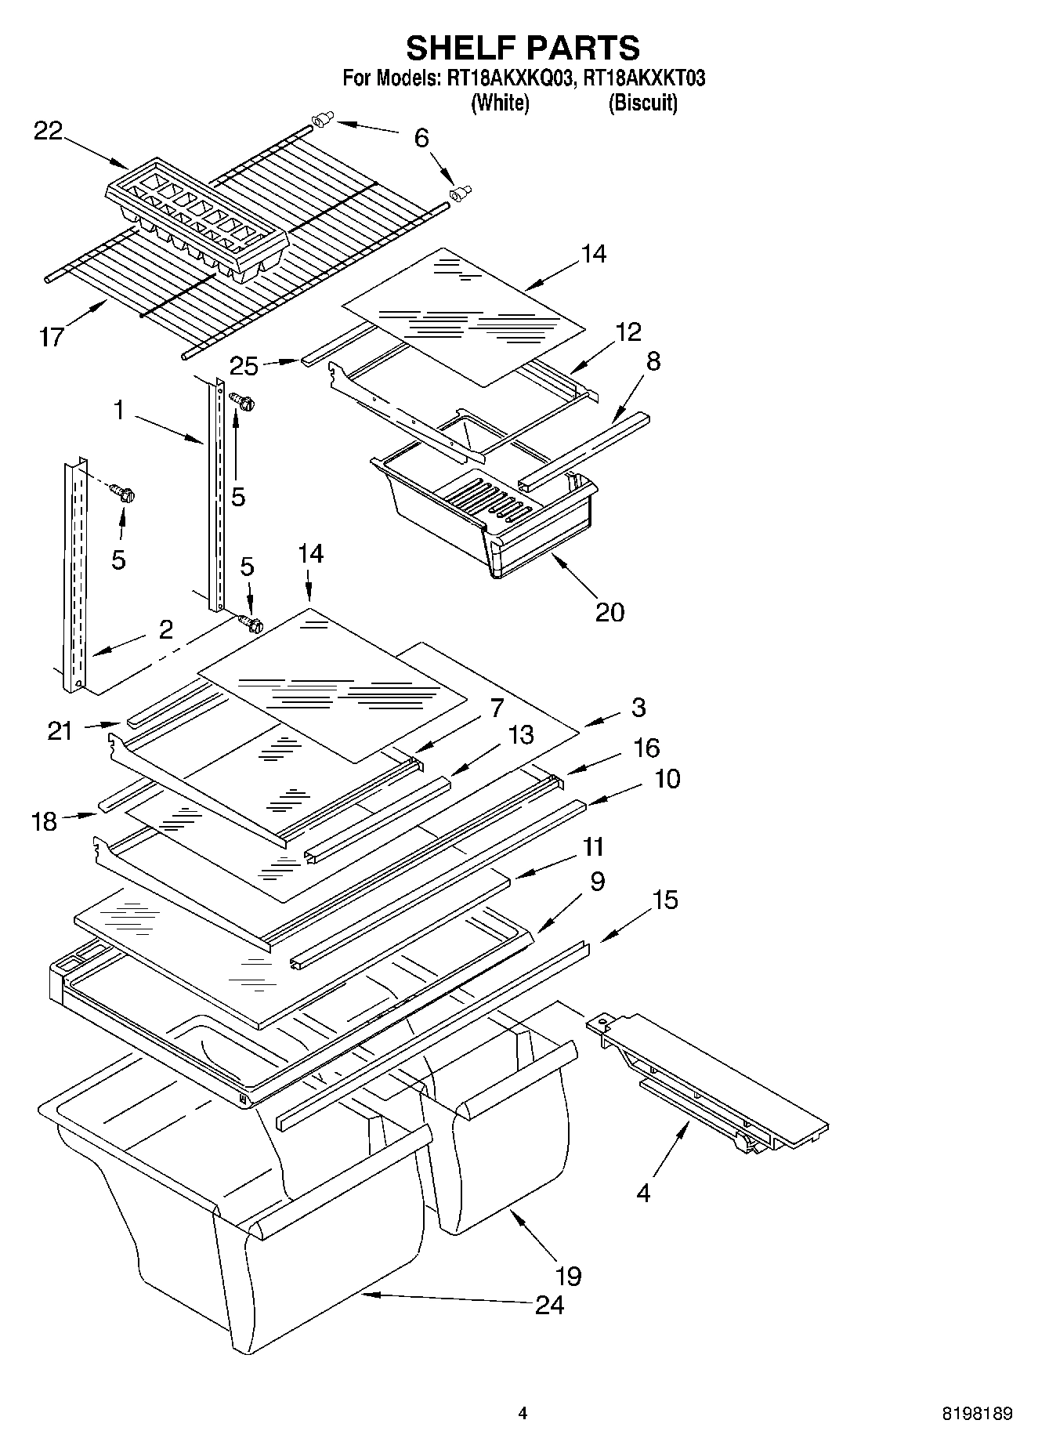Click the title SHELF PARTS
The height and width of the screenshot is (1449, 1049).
[x=523, y=48]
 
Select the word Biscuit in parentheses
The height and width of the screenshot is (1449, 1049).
[x=642, y=103]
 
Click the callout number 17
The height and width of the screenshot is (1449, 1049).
[x=52, y=337]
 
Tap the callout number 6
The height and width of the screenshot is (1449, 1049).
[x=421, y=139]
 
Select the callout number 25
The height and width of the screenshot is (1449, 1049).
[x=244, y=365]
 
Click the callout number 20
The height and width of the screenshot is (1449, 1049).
[x=610, y=611]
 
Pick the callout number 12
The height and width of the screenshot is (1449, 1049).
[x=628, y=331]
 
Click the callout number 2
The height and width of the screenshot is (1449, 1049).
[x=165, y=629]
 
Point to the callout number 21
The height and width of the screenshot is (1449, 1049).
[x=60, y=730]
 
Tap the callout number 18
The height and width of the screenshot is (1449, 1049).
[x=45, y=821]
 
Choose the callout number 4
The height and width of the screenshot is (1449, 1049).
[x=643, y=1193]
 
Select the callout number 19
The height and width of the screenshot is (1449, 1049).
[x=569, y=1276]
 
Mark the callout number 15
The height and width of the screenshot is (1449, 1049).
[x=664, y=900]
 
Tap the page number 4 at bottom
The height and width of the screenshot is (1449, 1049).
[x=523, y=1414]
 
